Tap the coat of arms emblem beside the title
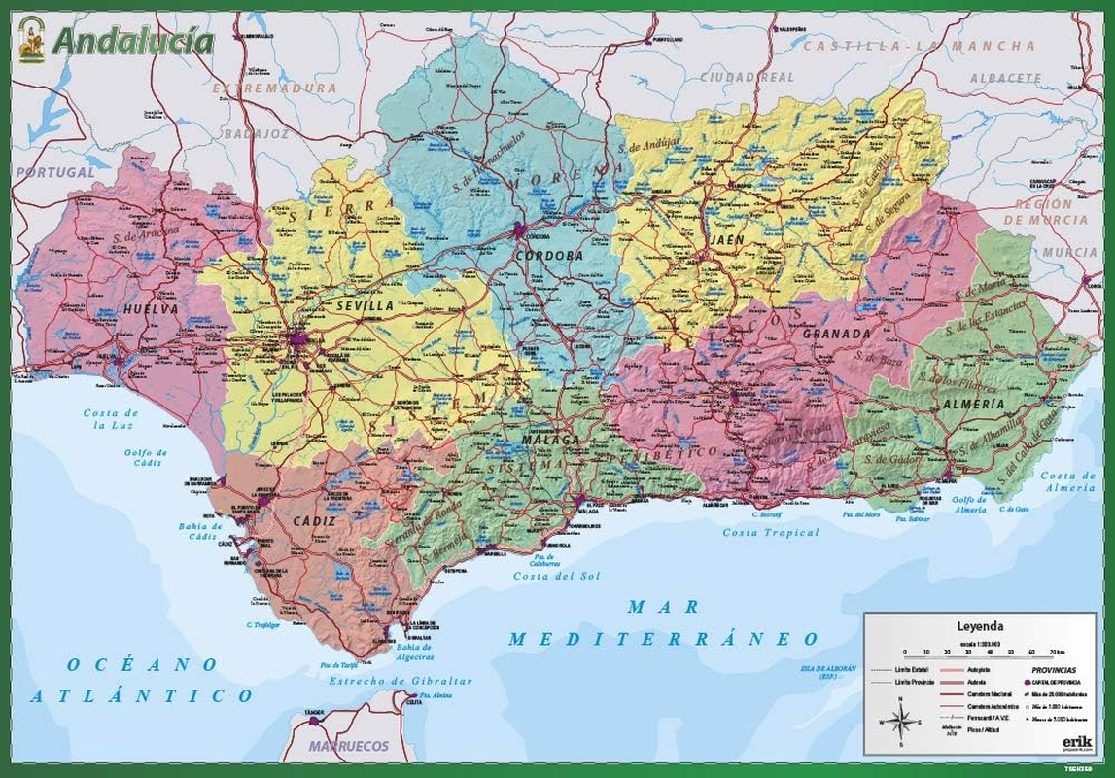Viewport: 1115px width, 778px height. click(x=31, y=39)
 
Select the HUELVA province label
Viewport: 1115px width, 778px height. click(x=151, y=309)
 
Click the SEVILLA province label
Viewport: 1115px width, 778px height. click(x=365, y=305)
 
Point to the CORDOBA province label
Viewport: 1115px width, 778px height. click(x=550, y=256)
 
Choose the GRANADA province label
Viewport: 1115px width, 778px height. click(x=836, y=334)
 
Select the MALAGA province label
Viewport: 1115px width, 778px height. click(x=550, y=440)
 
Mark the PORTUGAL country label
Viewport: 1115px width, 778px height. click(x=55, y=172)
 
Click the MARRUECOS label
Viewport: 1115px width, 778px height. click(x=348, y=746)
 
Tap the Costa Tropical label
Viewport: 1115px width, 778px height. click(x=771, y=533)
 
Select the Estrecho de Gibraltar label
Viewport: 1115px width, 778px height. click(x=400, y=681)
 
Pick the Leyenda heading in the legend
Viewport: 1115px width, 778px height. click(x=980, y=627)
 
